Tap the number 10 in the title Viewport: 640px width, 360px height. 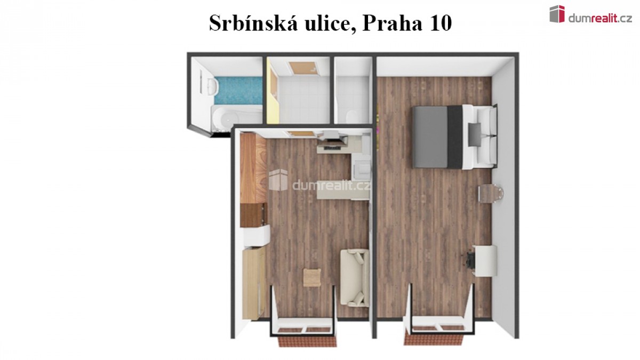click(x=439, y=23)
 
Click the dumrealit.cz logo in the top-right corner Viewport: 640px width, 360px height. click(x=591, y=14)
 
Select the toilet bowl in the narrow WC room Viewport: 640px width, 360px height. click(x=351, y=117)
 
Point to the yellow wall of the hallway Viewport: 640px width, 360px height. click(x=273, y=94)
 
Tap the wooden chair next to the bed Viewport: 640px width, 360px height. click(x=490, y=194)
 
